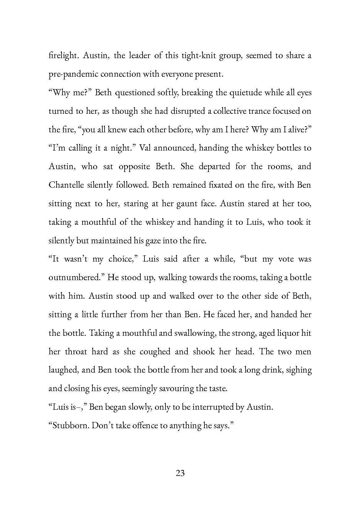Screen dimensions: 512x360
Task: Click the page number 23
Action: point(180,473)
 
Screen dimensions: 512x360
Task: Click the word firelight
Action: point(63,56)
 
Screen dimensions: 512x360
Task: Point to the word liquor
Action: point(285,333)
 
